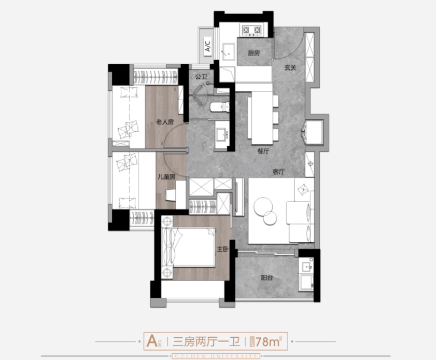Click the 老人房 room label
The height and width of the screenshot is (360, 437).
click(165, 122)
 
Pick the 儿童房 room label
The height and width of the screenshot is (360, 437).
click(166, 177)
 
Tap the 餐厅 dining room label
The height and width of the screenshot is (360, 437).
click(263, 152)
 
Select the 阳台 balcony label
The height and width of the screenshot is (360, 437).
click(266, 278)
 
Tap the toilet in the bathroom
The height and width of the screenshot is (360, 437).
click(219, 107)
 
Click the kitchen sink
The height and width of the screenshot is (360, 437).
click(226, 50)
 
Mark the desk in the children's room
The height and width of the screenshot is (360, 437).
click(171, 195)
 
